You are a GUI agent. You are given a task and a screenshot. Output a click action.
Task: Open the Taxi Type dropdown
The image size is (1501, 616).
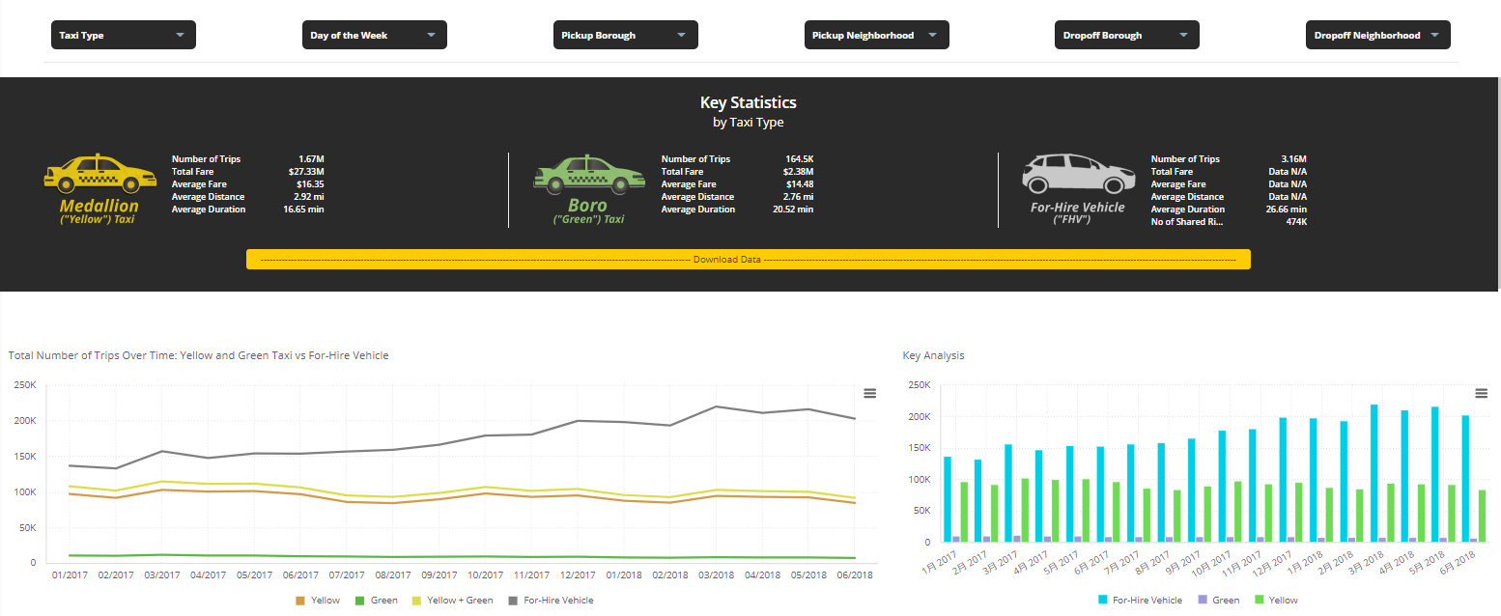coord(123,35)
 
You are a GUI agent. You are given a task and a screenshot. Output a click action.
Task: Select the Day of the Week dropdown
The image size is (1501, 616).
coord(374,35)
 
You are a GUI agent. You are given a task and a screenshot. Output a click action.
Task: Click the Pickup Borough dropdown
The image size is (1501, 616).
coord(625,35)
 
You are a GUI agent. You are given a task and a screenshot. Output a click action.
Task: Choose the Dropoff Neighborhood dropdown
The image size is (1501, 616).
coord(1377,35)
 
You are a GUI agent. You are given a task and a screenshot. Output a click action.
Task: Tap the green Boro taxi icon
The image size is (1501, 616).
coord(588,173)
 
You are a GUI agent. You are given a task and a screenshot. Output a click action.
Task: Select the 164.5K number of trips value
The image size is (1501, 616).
coord(800,159)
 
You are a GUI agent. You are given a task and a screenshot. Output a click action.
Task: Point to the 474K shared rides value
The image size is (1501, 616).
coord(1295,222)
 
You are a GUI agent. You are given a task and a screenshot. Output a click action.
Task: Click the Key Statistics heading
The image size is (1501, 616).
coord(748,102)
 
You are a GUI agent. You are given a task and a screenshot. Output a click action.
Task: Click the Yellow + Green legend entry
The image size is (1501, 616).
coord(459,601)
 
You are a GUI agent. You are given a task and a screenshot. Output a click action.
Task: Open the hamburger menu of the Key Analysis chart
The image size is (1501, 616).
coord(1481,393)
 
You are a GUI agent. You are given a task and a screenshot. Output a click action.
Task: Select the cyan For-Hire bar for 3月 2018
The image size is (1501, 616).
coord(1374,473)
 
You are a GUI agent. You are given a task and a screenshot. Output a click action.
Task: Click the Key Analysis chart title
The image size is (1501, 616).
coord(933,355)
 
